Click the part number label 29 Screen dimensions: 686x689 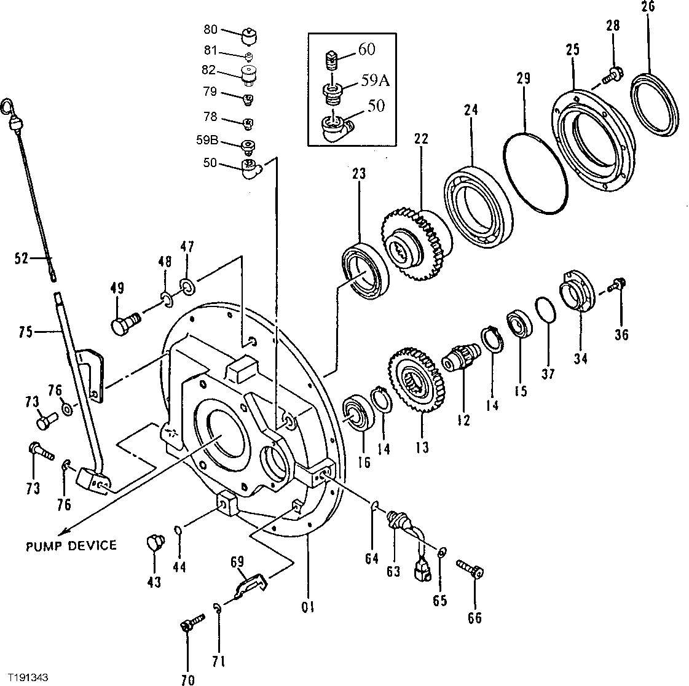(523, 79)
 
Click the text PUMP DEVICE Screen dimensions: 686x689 (71, 545)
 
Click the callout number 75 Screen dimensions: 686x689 (25, 332)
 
